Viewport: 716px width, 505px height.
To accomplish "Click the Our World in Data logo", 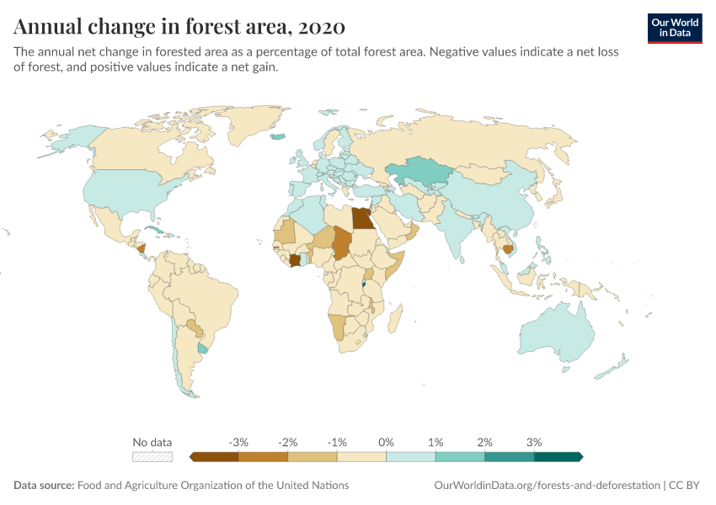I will tap(674, 28).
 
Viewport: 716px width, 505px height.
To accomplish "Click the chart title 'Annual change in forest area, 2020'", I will tap(179, 27).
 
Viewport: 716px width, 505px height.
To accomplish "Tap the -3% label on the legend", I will tap(238, 442).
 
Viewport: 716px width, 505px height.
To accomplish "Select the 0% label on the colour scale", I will tap(387, 442).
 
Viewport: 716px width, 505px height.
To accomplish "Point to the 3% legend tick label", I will tap(534, 442).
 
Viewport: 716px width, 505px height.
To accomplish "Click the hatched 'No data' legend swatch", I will tap(152, 457).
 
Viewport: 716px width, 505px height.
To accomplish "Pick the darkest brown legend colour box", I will tap(215, 457).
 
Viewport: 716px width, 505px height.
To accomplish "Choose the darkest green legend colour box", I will tap(558, 457).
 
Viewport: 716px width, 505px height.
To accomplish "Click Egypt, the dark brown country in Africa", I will tap(363, 219).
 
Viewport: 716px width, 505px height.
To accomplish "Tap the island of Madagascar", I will tap(394, 317).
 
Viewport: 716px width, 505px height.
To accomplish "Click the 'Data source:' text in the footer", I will tap(44, 486).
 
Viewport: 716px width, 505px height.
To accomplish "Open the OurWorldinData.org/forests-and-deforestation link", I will tap(546, 486).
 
